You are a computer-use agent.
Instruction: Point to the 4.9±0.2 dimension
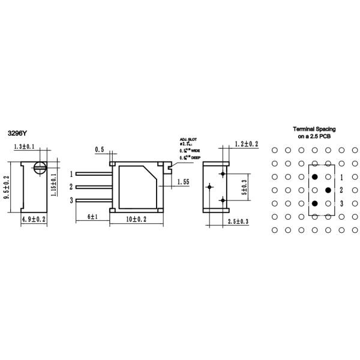(34, 220)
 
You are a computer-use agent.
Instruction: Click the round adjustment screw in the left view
(40, 167)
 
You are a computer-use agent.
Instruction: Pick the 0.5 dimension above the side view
(100, 149)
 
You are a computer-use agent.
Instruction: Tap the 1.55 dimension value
(184, 181)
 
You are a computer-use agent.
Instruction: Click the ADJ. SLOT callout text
(187, 138)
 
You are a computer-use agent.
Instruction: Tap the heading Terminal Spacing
(314, 129)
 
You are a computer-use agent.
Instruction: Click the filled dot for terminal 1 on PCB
(314, 177)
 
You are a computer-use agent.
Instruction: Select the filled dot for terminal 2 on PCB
(328, 190)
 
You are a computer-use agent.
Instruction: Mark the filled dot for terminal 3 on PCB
(314, 203)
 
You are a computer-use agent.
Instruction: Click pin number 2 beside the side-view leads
(71, 187)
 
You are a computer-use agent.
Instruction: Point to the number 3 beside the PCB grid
(341, 204)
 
